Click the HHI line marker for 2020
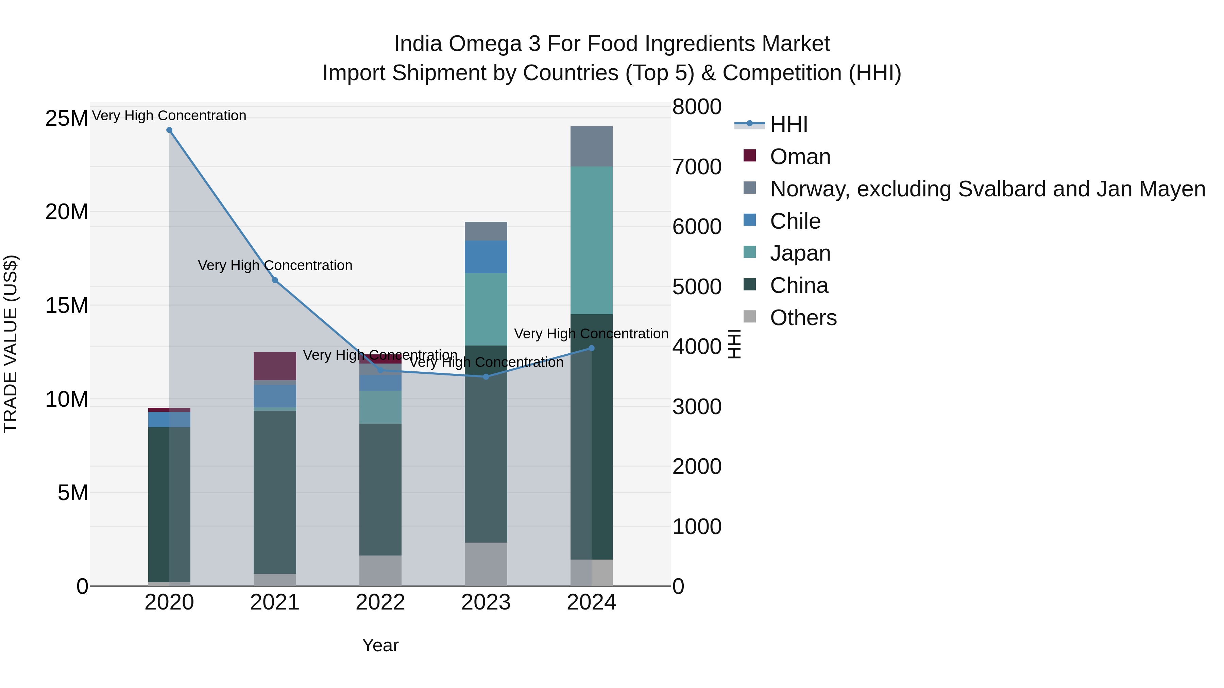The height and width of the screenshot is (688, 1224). pos(169,130)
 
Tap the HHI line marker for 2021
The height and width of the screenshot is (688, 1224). pos(275,280)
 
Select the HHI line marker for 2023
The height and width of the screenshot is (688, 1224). pos(486,376)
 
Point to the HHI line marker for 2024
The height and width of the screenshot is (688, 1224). pos(591,348)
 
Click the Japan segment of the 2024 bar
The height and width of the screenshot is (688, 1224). pos(591,240)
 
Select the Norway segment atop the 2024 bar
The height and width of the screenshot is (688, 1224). pos(591,146)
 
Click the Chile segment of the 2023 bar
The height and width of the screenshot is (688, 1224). pos(486,257)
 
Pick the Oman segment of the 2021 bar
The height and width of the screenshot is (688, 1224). pos(275,366)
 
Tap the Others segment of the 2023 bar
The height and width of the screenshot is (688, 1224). pos(486,564)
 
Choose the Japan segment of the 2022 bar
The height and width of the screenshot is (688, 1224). pos(380,407)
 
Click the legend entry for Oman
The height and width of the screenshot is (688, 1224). pos(800,157)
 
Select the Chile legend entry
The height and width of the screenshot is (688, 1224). pos(795,221)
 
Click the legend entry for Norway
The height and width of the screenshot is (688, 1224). pos(987,189)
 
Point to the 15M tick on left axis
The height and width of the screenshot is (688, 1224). pos(67,306)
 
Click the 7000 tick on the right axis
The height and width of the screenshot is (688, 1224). pos(697,167)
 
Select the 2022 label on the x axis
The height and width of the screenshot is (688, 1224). pos(380,602)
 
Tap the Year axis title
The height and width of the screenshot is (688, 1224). pos(380,645)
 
